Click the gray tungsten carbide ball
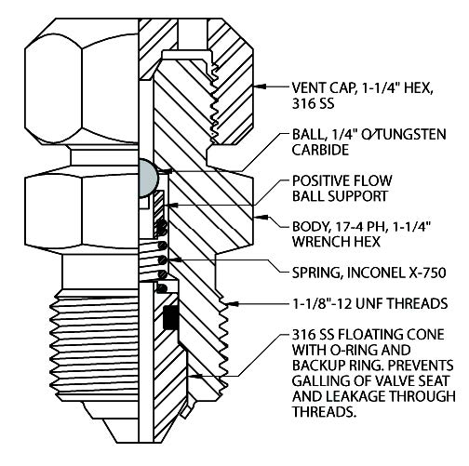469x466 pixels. tap(148, 179)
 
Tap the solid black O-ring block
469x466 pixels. tap(171, 317)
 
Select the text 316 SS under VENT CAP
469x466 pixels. tap(313, 103)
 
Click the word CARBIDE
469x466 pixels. tap(320, 150)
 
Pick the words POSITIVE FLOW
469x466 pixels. tap(342, 180)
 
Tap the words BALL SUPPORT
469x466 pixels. tap(341, 196)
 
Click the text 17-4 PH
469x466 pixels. tap(360, 227)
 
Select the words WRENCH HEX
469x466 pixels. tap(336, 242)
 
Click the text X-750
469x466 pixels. tap(427, 273)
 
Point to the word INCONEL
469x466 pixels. tap(376, 273)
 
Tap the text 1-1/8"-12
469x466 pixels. tap(323, 303)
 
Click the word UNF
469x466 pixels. tap(370, 303)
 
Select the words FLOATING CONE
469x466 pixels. tap(391, 335)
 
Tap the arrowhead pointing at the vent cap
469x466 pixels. tap(259, 86)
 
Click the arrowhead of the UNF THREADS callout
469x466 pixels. tap(233, 304)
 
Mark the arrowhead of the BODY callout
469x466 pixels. tap(259, 217)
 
